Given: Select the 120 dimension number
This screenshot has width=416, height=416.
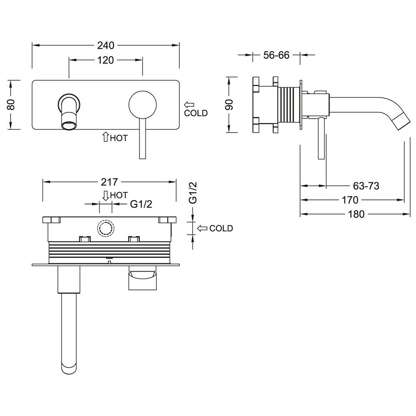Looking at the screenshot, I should [x=106, y=60].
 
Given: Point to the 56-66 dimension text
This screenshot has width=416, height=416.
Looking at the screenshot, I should [x=276, y=55].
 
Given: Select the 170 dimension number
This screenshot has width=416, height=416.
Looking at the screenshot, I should [x=350, y=200].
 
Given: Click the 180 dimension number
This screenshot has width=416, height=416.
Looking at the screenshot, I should [x=356, y=214].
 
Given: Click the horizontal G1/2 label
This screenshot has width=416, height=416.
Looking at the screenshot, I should [x=140, y=204].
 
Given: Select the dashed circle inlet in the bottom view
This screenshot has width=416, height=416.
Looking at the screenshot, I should [x=105, y=228].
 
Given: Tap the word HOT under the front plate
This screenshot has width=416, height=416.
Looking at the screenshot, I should [x=119, y=138].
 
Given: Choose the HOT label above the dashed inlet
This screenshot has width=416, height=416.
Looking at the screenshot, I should [x=119, y=195].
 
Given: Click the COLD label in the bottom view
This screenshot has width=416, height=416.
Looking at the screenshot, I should [x=221, y=228].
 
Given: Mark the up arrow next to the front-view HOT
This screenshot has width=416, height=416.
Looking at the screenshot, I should [x=105, y=137].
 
